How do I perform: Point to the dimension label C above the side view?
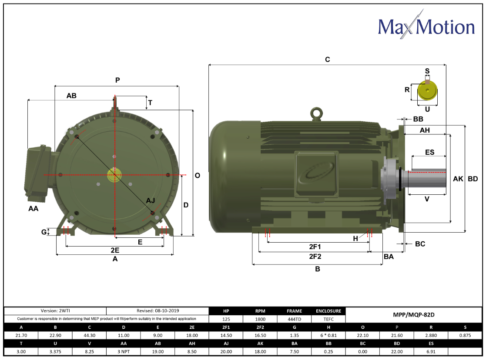(x=328, y=60)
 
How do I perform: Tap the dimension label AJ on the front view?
(x=151, y=200)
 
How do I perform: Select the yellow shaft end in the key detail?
(x=427, y=90)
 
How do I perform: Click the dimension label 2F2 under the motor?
(x=315, y=257)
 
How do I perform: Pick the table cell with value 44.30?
(x=89, y=335)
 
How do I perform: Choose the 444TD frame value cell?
(x=294, y=319)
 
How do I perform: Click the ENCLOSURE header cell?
(x=328, y=311)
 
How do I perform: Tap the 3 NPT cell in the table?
(x=124, y=352)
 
